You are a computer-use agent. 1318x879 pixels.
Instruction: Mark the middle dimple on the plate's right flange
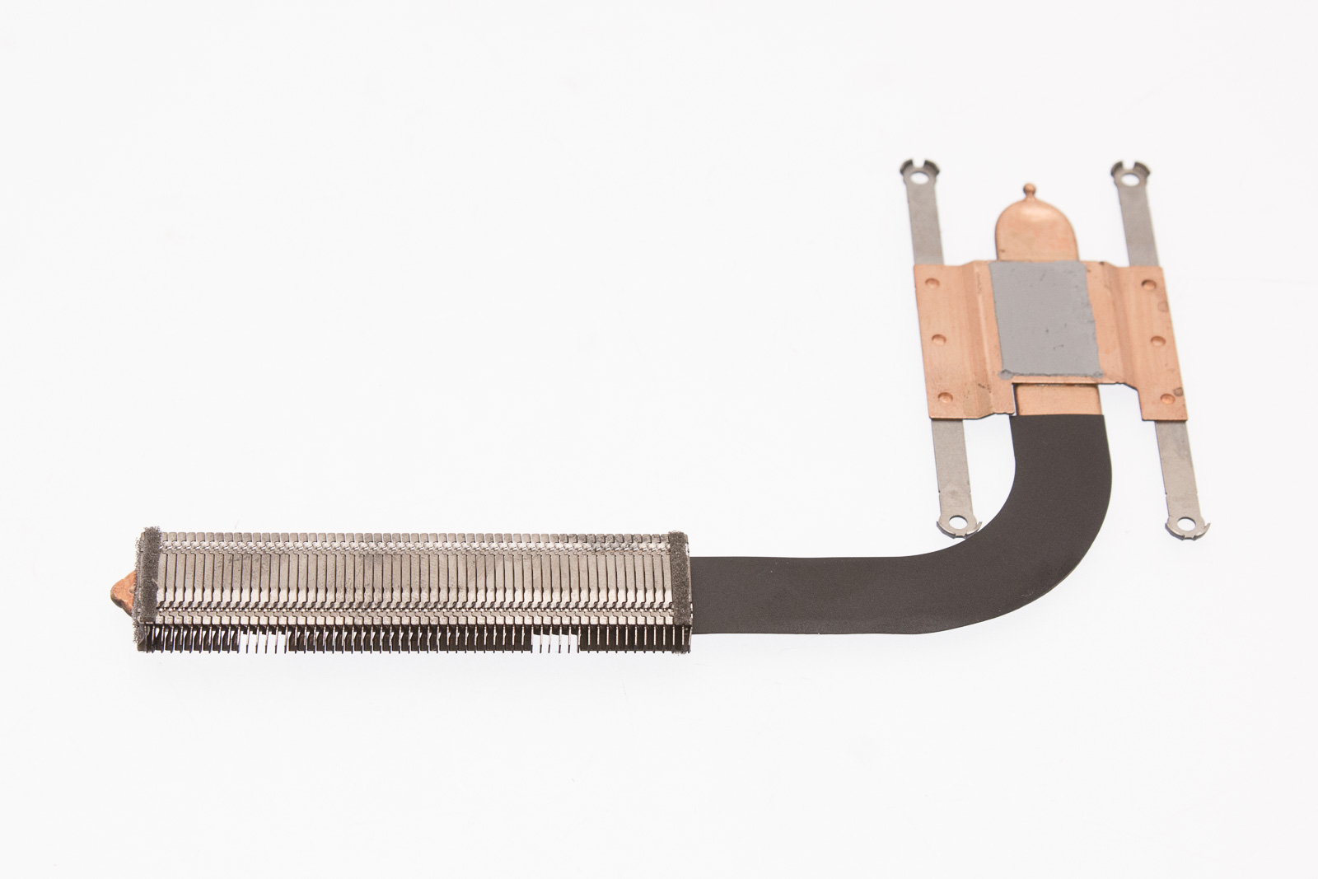coord(1157,339)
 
